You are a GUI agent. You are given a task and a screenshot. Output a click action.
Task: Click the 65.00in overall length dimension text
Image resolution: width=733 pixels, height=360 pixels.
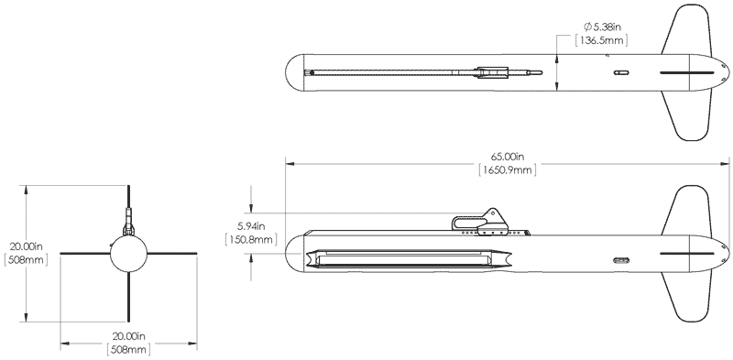508,157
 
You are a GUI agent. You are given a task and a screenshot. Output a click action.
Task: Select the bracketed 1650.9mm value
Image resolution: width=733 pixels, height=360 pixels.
508,169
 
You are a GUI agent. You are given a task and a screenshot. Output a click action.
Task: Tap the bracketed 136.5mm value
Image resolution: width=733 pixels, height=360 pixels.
601,40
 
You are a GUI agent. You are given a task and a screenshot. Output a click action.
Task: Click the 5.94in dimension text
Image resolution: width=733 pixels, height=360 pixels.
251,227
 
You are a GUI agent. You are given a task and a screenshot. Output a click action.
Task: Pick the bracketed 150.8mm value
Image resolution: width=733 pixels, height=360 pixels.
251,239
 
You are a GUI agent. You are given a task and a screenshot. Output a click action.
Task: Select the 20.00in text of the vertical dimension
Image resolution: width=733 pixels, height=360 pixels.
27,246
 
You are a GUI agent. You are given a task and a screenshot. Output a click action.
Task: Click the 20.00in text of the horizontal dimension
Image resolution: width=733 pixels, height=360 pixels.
128,336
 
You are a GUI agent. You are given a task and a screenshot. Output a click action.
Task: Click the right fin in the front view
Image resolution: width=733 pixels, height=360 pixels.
172,254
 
